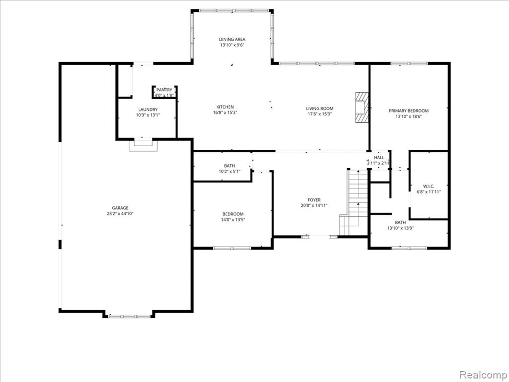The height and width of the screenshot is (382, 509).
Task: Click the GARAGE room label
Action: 120,208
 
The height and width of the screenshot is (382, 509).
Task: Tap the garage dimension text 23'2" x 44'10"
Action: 120,214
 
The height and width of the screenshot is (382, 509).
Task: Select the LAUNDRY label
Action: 148,109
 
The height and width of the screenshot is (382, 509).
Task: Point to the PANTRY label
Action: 164,90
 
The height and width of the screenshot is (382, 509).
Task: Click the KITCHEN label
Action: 225,107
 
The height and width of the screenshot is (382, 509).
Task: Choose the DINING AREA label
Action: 232,39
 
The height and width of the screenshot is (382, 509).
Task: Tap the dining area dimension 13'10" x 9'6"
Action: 232,45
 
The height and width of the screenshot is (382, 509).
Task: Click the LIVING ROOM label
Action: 320,108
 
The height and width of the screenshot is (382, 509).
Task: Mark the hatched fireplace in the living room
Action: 362,107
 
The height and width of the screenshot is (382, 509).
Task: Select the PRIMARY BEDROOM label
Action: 409,111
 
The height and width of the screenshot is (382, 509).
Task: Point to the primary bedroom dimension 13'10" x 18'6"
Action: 409,116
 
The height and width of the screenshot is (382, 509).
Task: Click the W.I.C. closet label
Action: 428,187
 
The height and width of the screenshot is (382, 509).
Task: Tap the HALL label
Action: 379,158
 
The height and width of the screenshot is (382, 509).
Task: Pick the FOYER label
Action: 314,200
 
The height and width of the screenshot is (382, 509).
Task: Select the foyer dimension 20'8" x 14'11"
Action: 314,205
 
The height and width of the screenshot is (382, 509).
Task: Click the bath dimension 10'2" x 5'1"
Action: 229,172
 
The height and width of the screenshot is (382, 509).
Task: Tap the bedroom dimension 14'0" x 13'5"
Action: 233,219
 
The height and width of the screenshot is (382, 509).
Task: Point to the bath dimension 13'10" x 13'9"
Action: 400,228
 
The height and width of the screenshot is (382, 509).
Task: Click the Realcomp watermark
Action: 483,375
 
